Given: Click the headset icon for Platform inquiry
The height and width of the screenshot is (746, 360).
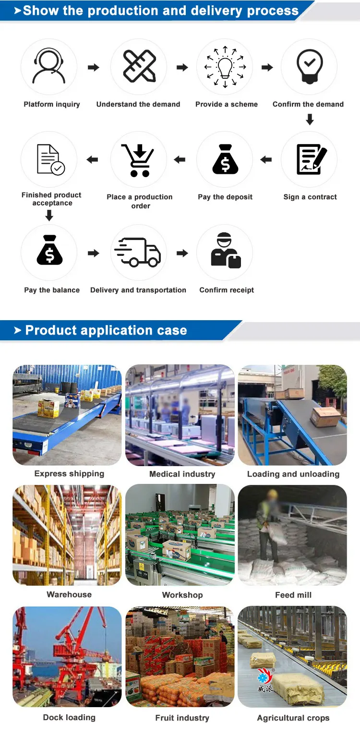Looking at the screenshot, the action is [49, 67].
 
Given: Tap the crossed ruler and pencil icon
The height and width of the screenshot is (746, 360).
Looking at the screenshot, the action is [139, 67].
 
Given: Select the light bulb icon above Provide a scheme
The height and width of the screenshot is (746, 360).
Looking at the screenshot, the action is [225, 67].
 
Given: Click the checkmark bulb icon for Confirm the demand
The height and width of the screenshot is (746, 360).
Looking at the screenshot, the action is [309, 67].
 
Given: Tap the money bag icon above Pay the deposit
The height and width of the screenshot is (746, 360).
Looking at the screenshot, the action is [225, 159].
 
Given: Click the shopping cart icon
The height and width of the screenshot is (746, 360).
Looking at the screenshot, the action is [139, 159].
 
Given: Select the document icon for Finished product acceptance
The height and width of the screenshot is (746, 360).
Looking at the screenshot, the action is [50, 159].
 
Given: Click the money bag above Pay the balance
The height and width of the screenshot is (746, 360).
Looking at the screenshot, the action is [49, 251].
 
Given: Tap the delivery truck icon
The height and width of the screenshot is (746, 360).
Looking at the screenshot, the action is [138, 253].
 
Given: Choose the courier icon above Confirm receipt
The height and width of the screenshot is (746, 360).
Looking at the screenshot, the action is [225, 251].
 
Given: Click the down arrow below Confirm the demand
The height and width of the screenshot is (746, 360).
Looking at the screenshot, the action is [310, 120].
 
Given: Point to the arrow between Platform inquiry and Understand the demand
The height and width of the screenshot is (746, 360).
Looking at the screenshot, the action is [94, 68].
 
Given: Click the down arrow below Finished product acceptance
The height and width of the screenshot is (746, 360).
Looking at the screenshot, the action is [49, 216].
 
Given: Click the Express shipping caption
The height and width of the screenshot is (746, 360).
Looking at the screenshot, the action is [69, 474].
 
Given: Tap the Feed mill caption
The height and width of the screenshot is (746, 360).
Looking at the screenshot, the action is [293, 595].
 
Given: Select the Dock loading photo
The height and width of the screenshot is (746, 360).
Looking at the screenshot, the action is [67, 656].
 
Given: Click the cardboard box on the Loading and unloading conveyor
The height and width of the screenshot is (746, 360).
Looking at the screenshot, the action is [325, 417].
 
